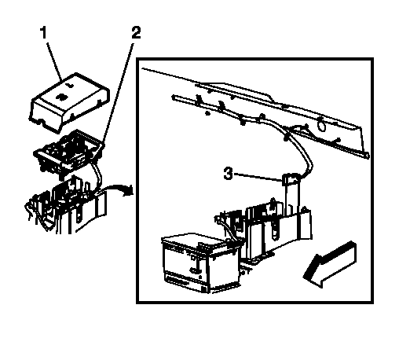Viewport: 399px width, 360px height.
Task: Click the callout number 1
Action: (x=44, y=32)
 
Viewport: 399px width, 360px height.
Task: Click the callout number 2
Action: (x=136, y=32)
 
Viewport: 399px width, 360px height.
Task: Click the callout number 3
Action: (x=228, y=174)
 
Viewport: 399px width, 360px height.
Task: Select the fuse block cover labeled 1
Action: (x=69, y=102)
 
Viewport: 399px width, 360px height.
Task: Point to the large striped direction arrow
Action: (x=330, y=263)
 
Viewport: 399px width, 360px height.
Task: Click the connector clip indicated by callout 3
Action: (x=290, y=178)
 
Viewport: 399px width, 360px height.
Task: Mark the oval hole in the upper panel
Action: (x=321, y=124)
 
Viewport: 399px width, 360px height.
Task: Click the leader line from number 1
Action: (x=54, y=61)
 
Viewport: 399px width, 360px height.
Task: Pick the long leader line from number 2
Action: (x=118, y=94)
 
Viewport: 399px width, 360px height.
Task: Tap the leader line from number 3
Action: (x=258, y=177)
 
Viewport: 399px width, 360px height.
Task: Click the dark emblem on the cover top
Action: (x=62, y=97)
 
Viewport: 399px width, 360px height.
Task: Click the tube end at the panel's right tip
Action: (x=367, y=156)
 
